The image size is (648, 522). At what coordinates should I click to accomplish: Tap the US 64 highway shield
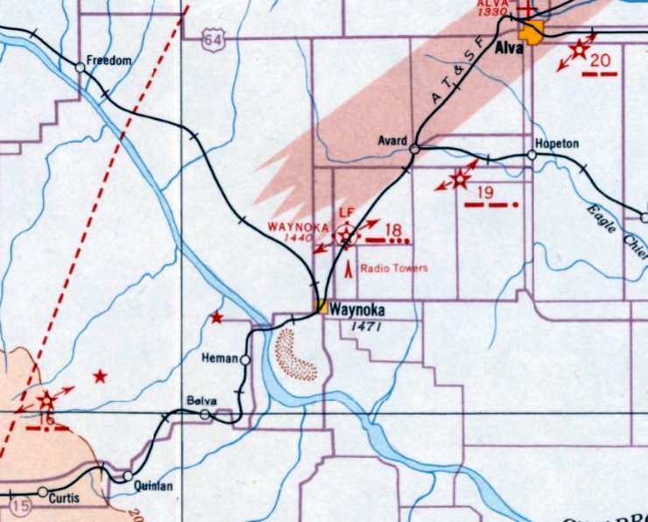pos(210,40)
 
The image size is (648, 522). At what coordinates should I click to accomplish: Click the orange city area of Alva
pos(530,32)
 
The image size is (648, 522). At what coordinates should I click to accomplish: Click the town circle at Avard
pos(414,149)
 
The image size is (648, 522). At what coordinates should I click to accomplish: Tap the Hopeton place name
pos(556,143)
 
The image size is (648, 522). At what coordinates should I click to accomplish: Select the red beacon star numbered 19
pos(459,180)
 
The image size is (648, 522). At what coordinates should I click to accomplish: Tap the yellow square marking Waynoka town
pos(321,307)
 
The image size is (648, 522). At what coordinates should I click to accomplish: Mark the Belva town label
pos(201,401)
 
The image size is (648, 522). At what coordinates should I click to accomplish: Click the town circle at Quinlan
pos(128,476)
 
